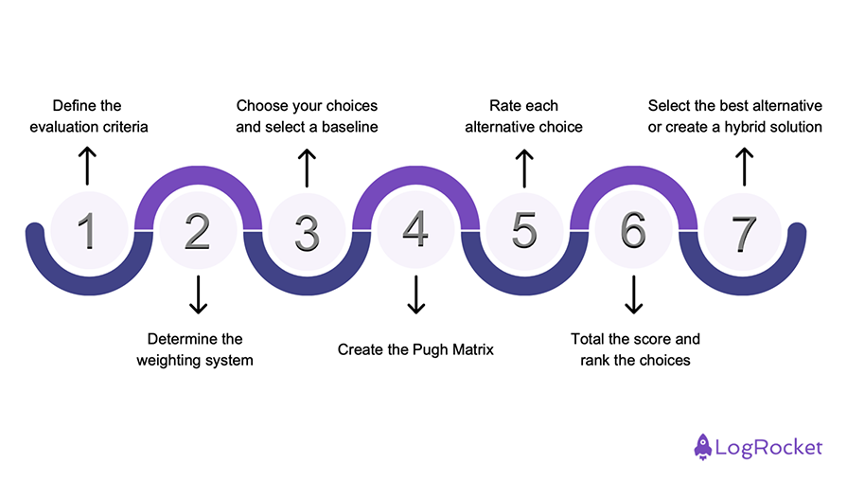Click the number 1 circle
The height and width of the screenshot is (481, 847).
(87, 230)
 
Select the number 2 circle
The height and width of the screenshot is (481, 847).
(197, 230)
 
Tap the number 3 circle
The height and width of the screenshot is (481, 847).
(306, 230)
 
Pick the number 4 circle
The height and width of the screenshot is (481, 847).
(415, 230)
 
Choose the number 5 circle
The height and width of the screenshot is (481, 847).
(524, 230)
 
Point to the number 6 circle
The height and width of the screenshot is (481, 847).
(633, 230)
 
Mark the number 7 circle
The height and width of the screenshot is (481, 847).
(744, 230)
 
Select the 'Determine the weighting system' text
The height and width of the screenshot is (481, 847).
(195, 349)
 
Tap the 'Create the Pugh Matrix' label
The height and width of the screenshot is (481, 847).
(415, 349)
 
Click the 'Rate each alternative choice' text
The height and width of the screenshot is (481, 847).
(523, 116)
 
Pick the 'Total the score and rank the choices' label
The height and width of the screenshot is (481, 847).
(635, 349)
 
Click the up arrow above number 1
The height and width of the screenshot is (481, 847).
(87, 166)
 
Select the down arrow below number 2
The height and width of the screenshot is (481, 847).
(197, 294)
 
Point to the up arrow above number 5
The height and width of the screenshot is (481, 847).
(524, 166)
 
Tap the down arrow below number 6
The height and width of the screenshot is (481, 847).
(633, 294)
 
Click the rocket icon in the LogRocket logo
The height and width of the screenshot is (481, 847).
(703, 446)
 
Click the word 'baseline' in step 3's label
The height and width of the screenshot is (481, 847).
(348, 126)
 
